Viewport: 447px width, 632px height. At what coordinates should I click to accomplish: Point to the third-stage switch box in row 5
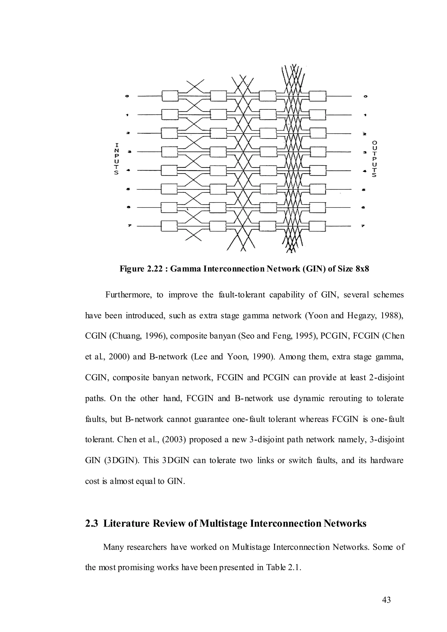pyautogui.click(x=268, y=189)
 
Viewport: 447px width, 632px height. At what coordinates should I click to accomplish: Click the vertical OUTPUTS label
pyautogui.click(x=374, y=159)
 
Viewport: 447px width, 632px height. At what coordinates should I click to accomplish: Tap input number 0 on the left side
pyautogui.click(x=127, y=96)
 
